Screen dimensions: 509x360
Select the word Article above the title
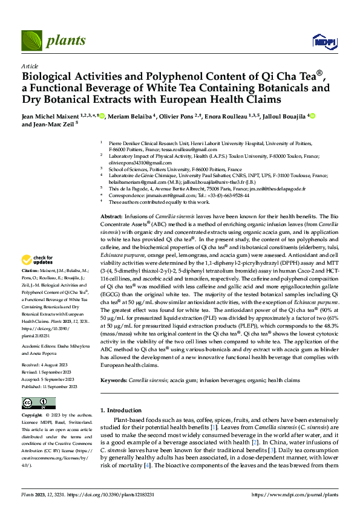[x=30, y=66]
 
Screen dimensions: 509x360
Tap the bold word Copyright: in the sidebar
[x=33, y=416]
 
